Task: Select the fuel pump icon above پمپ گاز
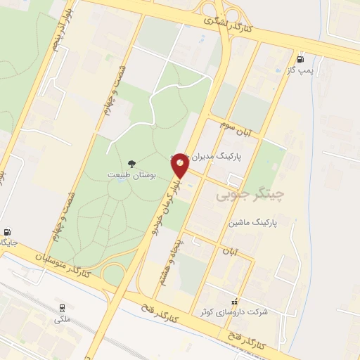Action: click(301, 59)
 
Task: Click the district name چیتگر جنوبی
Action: click(244, 191)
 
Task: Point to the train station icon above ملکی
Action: click(63, 307)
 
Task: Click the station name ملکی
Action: click(62, 319)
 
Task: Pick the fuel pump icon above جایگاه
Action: click(7, 232)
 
